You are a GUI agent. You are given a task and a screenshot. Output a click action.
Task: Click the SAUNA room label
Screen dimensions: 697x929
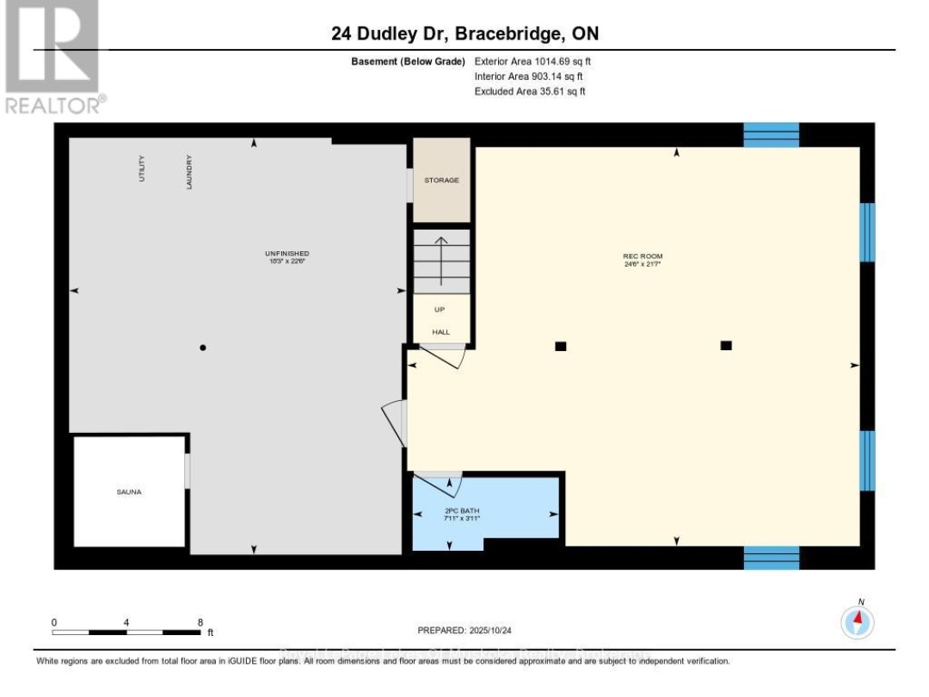click(129, 492)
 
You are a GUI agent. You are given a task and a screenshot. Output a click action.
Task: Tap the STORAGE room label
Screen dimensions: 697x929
click(441, 181)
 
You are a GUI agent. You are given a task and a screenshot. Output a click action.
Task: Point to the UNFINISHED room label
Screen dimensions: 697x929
click(286, 253)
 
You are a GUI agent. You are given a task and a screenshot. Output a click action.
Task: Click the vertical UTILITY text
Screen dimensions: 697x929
click(143, 169)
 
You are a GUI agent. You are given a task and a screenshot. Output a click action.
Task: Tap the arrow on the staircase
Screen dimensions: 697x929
click(441, 259)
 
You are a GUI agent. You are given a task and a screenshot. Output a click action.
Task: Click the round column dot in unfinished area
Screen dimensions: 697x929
click(203, 348)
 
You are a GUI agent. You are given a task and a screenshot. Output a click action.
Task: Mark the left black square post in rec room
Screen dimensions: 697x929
click(561, 346)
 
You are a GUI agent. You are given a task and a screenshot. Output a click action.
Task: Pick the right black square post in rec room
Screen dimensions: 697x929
click(726, 345)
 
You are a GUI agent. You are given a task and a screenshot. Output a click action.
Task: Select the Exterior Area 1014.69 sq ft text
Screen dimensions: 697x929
click(532, 62)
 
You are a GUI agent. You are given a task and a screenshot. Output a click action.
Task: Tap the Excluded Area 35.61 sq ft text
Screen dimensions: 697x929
click(530, 91)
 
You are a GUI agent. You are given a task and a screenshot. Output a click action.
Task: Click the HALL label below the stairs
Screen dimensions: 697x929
click(440, 332)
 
